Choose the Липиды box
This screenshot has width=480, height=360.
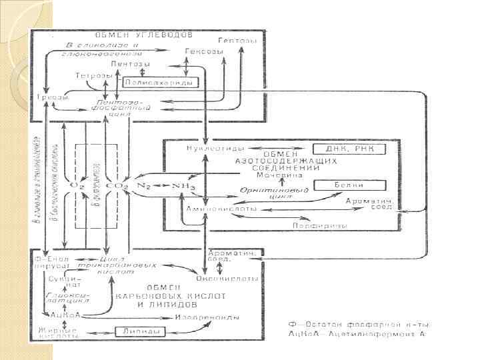click(x=140, y=331)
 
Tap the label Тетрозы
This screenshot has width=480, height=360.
click(x=94, y=75)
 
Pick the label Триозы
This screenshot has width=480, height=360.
click(x=53, y=97)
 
